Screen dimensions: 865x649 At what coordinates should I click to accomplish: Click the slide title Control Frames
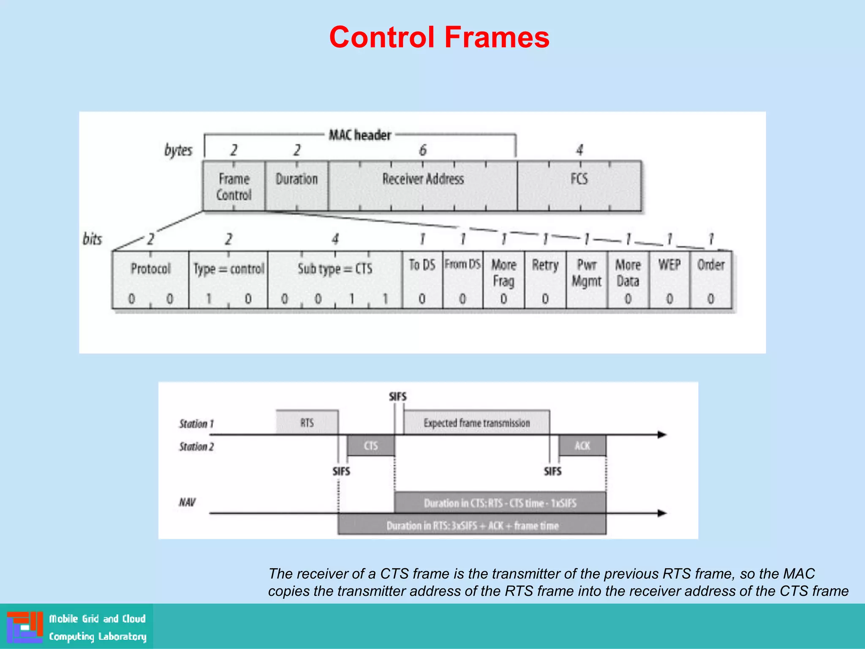[439, 37]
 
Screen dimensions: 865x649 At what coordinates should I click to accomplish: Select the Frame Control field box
[234, 186]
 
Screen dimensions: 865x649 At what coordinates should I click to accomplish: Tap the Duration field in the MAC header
[296, 185]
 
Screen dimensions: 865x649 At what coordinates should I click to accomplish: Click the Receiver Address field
[423, 185]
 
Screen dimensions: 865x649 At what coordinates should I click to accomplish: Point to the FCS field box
[579, 185]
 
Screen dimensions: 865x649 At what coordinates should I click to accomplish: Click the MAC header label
[360, 135]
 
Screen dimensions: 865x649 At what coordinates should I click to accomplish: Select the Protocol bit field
[150, 280]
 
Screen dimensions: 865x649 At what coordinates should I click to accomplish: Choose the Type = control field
[228, 280]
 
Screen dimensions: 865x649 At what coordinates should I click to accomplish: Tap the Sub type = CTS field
[335, 280]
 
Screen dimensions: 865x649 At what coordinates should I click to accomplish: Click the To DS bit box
[422, 280]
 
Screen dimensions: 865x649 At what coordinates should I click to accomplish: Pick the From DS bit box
[462, 280]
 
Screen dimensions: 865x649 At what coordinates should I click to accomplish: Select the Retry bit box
[545, 280]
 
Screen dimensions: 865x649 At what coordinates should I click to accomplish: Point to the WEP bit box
[669, 280]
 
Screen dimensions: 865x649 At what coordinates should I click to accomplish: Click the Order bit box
[711, 280]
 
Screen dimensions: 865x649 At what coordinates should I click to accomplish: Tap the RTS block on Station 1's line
[307, 422]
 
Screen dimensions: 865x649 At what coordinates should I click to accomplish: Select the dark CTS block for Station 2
[371, 446]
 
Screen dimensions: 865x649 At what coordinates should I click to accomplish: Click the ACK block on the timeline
[582, 446]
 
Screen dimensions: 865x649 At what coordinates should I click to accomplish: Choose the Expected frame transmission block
[476, 422]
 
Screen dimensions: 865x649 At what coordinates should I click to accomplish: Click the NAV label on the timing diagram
[187, 502]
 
